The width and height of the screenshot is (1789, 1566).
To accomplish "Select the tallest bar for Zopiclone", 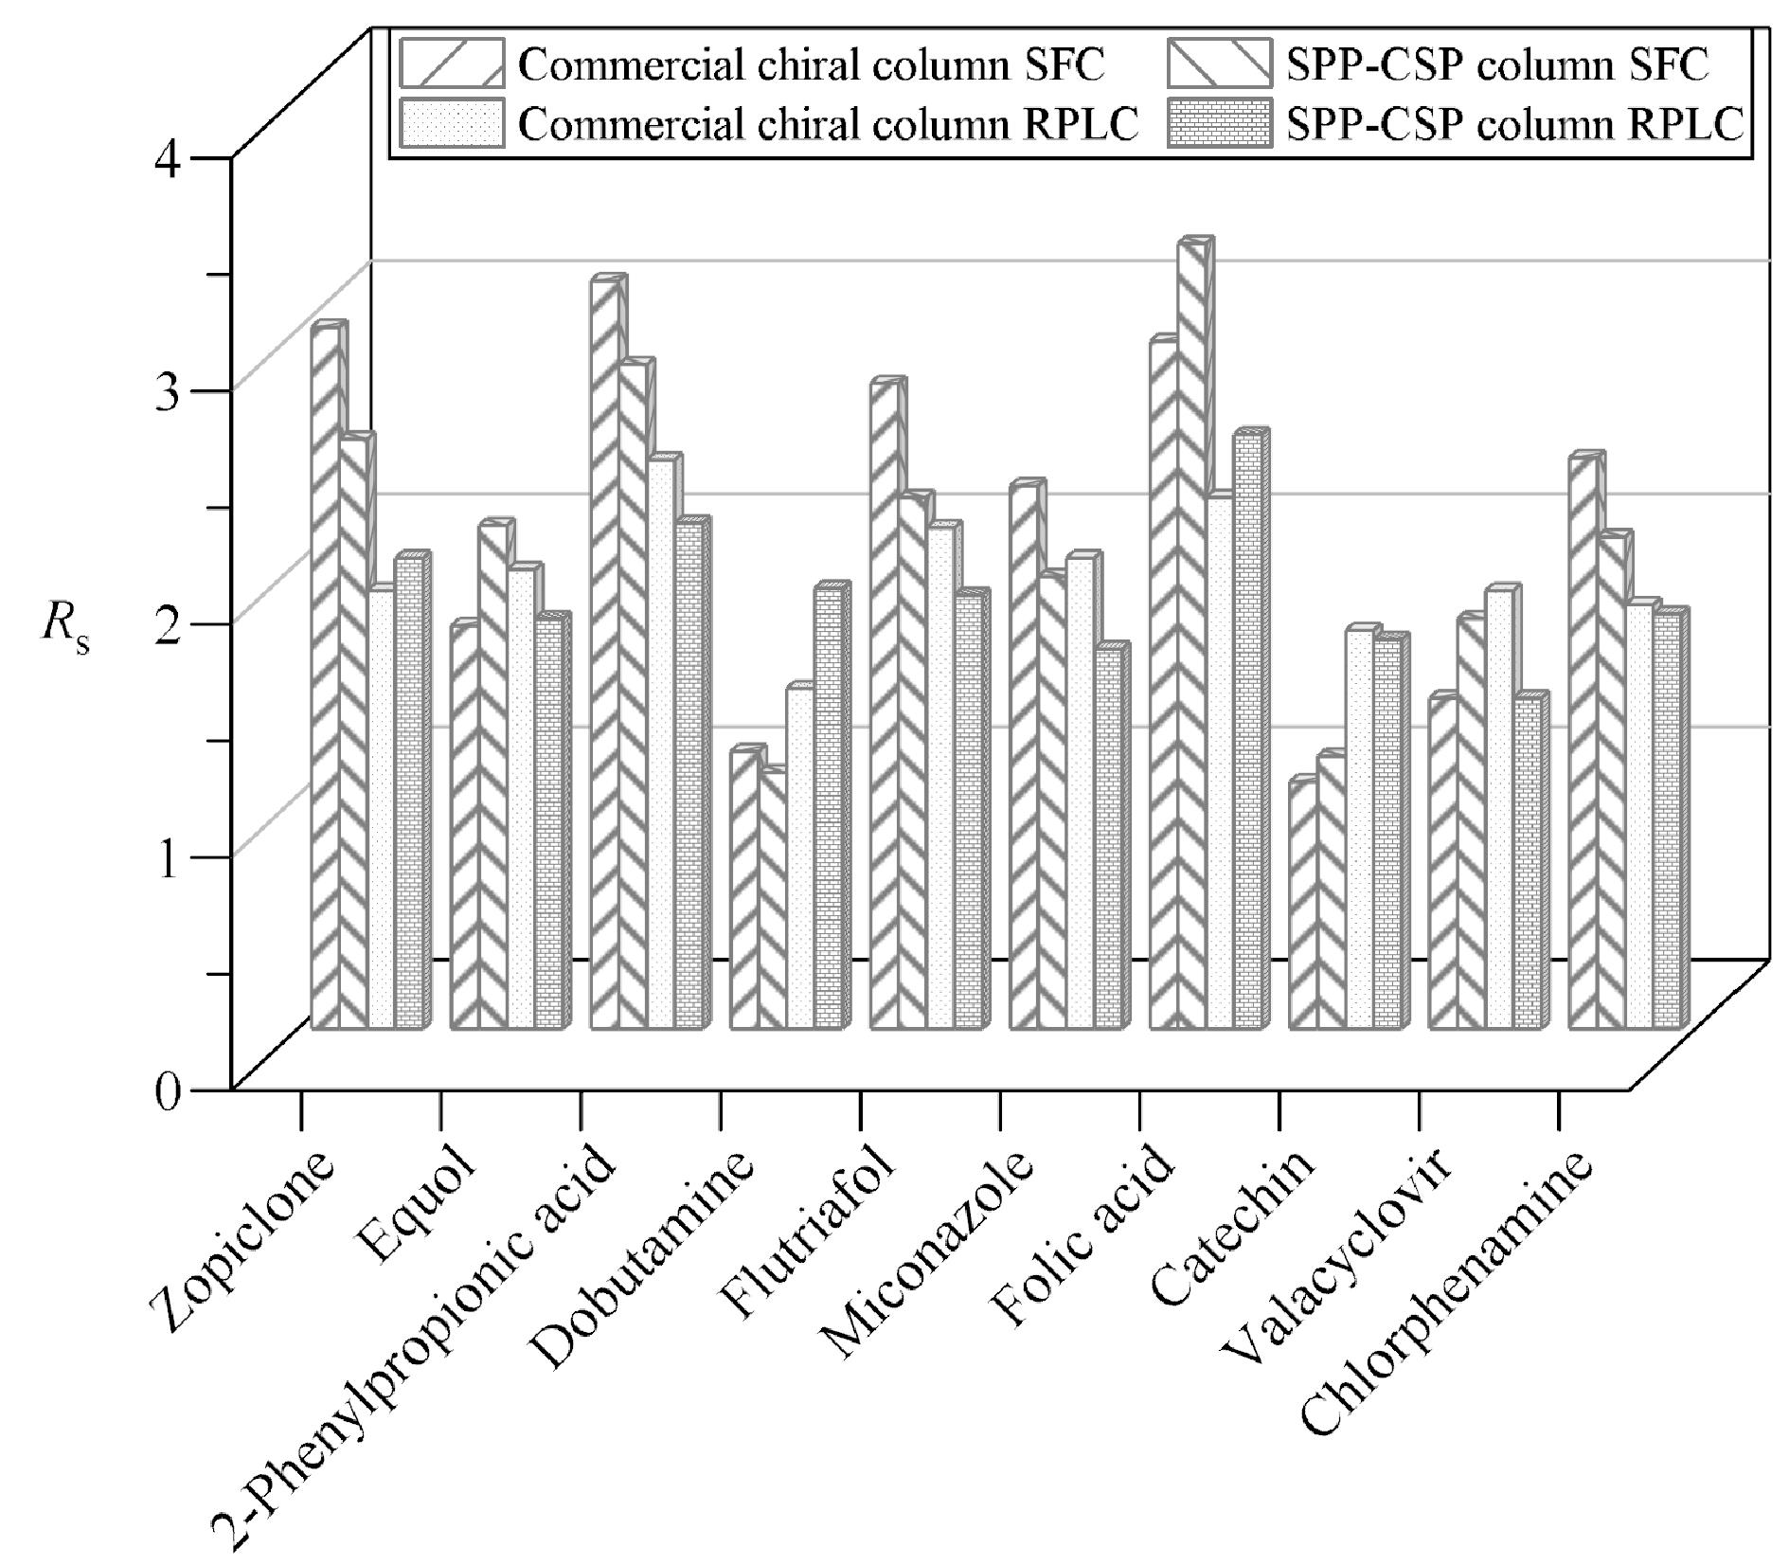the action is (x=328, y=675).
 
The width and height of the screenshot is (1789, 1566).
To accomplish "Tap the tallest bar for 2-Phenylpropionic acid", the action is (x=607, y=652).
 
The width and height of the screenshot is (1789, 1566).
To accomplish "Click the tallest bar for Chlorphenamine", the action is (x=1586, y=741).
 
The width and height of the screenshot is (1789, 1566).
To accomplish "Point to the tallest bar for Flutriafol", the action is (x=887, y=703).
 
